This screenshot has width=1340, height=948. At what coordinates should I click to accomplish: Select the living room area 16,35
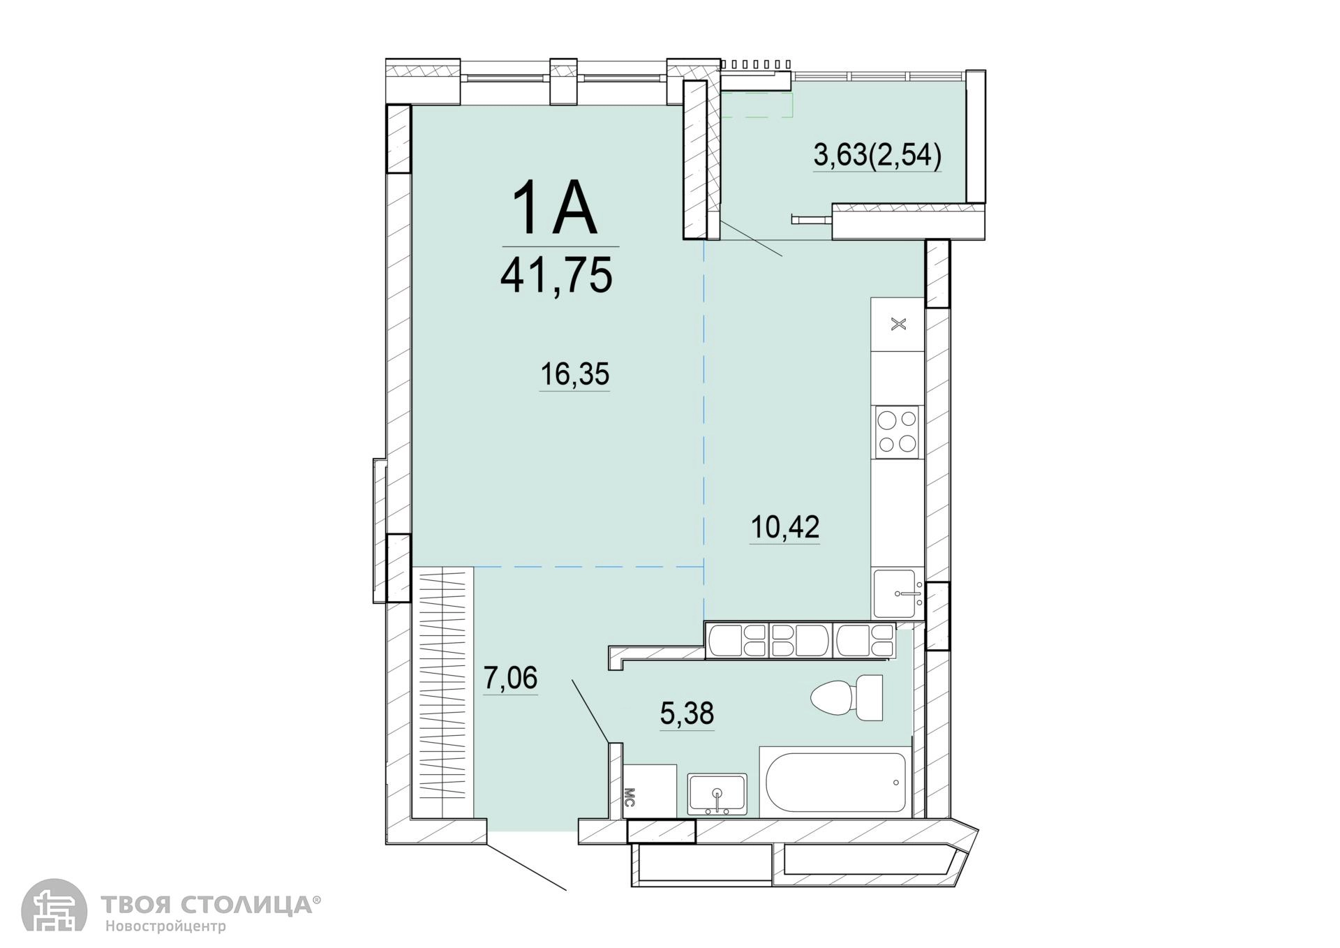pos(575,374)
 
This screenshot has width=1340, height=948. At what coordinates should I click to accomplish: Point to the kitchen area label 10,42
pos(785,527)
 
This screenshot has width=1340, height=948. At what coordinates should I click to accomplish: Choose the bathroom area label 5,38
pos(687,713)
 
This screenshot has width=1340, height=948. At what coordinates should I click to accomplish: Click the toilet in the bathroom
pos(847,697)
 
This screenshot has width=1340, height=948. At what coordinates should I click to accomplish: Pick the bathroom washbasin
pos(717,794)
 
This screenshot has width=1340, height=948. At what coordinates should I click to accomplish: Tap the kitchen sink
pos(898,593)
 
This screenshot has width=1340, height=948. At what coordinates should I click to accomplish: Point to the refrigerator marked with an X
pos(898,325)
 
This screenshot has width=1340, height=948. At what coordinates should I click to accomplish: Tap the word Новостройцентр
pos(165,927)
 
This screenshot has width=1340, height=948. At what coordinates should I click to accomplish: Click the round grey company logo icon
pos(54,905)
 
